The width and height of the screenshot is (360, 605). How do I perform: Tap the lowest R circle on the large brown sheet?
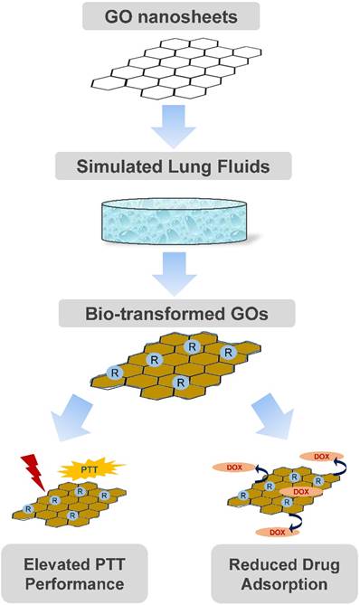181,383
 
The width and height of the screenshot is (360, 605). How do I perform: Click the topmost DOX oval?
320,457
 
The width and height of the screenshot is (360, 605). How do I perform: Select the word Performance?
87,584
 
